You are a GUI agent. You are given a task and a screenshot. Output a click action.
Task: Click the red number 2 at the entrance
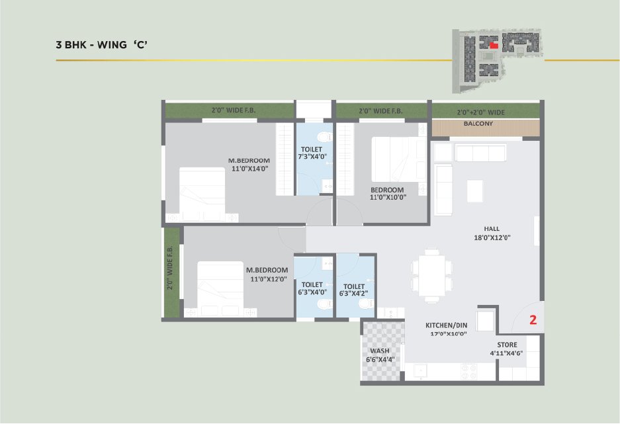pos(533,319)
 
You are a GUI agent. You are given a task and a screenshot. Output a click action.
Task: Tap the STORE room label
pos(507,345)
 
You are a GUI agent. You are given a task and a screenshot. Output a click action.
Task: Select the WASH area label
pos(380,351)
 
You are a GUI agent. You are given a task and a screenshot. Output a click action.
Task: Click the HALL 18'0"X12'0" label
pos(492,233)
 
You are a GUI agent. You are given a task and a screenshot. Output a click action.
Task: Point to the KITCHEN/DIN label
pos(446,325)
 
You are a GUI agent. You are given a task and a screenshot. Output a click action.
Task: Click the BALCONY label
pos(478,124)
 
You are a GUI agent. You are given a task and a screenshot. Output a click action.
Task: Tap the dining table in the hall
pos(431,275)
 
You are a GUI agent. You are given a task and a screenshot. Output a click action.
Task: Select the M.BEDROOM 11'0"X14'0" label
pos(249,165)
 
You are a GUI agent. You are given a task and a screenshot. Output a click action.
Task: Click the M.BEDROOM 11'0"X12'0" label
pos(267,275)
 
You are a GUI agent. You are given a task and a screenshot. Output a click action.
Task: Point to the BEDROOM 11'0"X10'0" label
pos(388,193)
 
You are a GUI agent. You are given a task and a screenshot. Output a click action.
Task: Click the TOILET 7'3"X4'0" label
pos(312,153)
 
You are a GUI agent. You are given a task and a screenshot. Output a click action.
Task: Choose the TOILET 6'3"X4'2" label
pos(354,290)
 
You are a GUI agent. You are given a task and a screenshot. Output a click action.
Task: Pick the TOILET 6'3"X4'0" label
pos(312,288)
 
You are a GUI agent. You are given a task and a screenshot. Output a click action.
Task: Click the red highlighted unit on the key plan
pos(494,45)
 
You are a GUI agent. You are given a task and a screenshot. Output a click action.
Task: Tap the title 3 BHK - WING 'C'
pos(102,44)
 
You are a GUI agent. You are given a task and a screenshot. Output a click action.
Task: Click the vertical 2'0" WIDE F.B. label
pos(169,267)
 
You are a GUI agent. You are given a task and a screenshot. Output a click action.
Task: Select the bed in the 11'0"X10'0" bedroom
pos(398,159)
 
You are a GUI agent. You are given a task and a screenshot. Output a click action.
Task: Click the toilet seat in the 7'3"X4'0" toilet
pos(325,137)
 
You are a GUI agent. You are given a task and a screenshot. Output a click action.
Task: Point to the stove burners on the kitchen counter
pos(468,372)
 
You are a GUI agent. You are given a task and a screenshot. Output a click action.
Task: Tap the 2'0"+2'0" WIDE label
pos(481,112)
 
